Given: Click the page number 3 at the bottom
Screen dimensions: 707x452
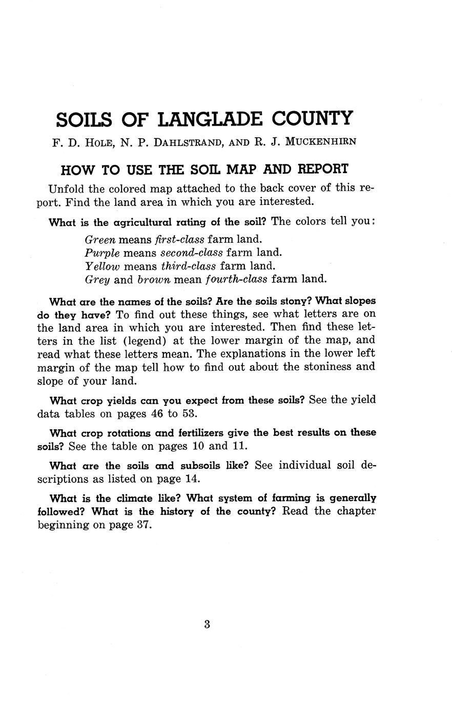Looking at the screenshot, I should tap(207, 624).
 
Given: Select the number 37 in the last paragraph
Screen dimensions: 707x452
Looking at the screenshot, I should tap(144, 525).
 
